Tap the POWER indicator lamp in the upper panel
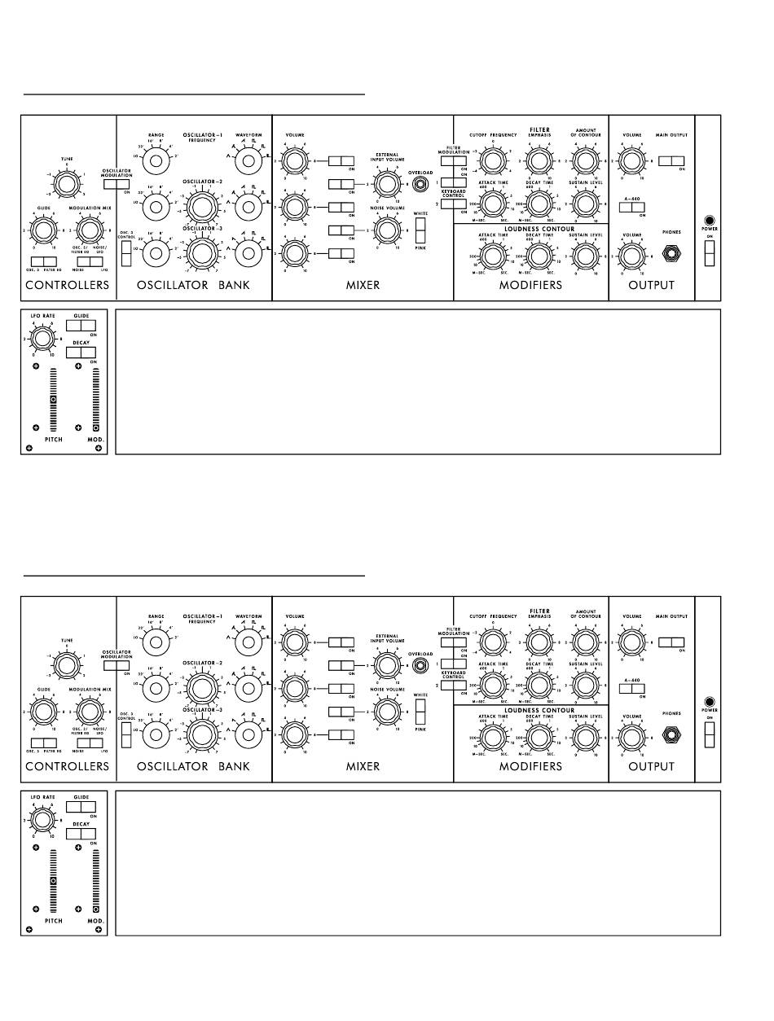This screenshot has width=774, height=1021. point(710,221)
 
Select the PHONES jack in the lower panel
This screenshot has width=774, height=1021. point(673,734)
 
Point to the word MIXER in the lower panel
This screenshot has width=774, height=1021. point(363,766)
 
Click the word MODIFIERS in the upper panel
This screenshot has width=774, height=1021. point(530,285)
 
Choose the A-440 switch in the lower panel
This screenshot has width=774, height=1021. point(631,689)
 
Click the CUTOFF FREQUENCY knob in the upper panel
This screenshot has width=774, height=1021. point(491,162)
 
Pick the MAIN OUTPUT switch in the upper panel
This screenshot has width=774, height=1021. point(672,161)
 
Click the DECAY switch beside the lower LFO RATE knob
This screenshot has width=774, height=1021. point(81,834)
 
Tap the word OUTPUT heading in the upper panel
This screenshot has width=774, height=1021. point(651,285)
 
